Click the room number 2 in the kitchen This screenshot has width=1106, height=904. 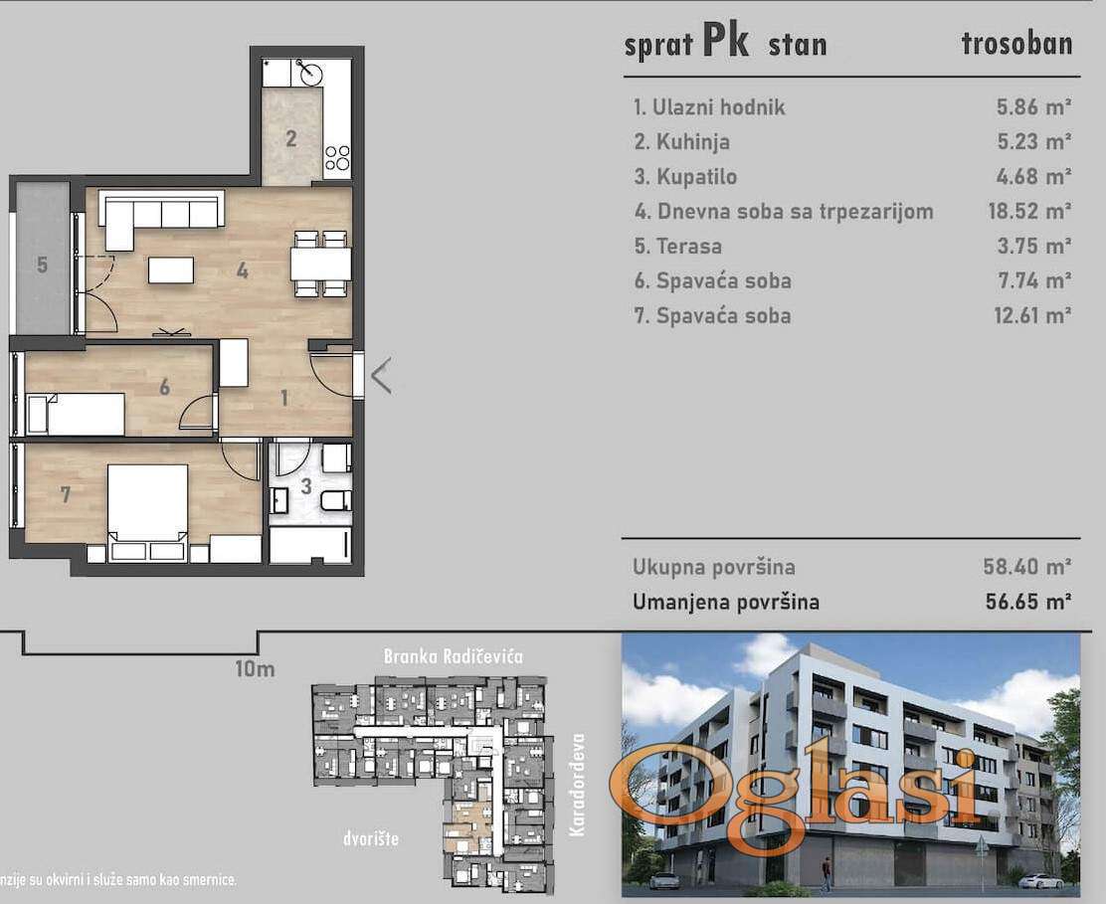click(x=291, y=138)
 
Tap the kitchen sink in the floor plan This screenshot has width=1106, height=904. click(x=309, y=72)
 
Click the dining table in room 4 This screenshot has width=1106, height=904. click(x=321, y=264)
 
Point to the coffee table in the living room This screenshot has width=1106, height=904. click(x=171, y=271)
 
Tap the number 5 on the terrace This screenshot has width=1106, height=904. click(x=43, y=265)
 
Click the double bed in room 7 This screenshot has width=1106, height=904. click(x=147, y=512)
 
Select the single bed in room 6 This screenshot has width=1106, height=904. click(x=76, y=415)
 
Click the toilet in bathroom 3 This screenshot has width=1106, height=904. click(x=336, y=500)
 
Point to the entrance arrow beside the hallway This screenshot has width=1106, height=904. click(x=381, y=376)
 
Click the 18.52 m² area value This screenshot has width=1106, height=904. click(x=1029, y=211)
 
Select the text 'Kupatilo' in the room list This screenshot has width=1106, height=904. click(x=696, y=176)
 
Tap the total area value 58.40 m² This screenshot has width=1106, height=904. click(x=1027, y=566)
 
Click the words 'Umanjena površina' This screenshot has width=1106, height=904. click(x=726, y=603)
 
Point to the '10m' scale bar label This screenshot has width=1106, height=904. click(x=255, y=668)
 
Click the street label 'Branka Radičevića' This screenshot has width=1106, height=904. click(x=454, y=656)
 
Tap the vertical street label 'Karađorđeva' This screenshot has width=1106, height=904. click(x=578, y=785)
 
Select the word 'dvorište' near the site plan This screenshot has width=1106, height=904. click(x=371, y=838)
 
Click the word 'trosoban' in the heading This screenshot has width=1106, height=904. click(x=1016, y=43)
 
